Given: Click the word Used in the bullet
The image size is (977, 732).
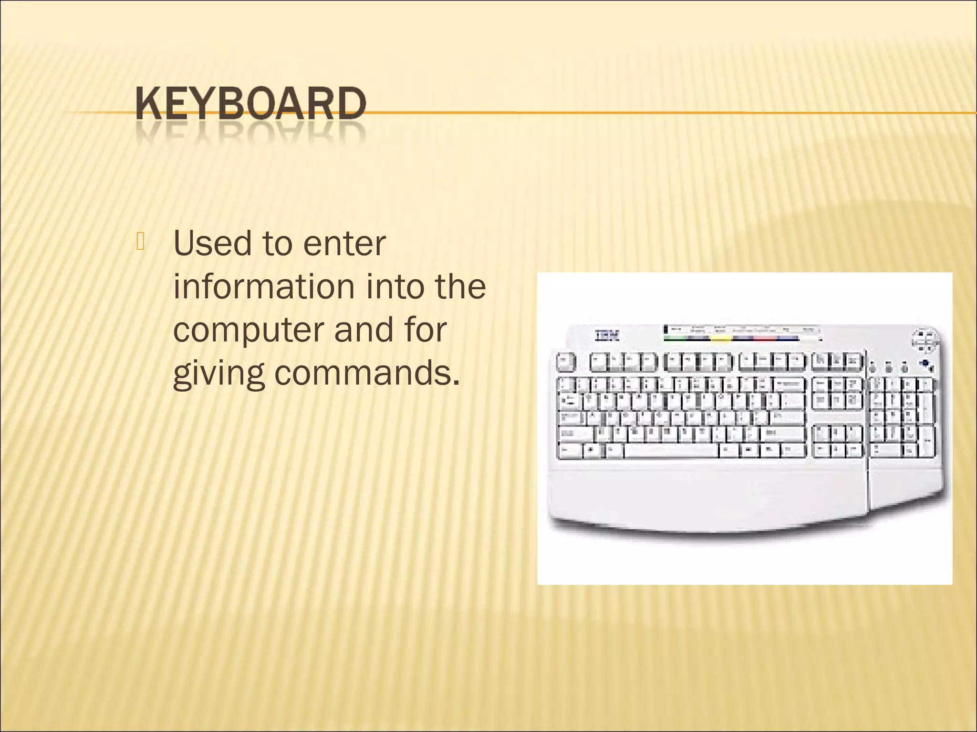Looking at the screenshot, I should (212, 244).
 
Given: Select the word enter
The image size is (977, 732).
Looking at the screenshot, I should (344, 244).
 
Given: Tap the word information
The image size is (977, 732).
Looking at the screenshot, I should (263, 286).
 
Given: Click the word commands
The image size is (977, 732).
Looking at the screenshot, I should (367, 373).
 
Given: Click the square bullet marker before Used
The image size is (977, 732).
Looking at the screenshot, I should (140, 241).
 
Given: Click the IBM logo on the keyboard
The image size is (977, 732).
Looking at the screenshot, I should (607, 335).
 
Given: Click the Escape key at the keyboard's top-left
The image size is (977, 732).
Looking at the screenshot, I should (566, 362).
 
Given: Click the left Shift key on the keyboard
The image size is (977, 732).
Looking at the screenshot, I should (575, 434).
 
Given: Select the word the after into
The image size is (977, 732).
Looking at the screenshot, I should (460, 286).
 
